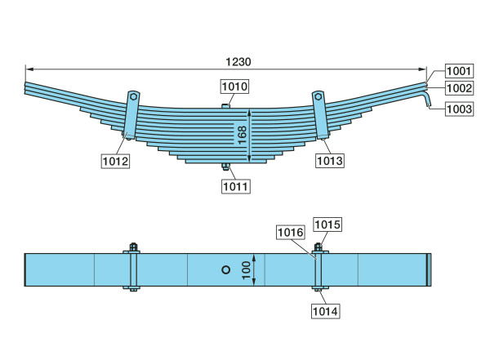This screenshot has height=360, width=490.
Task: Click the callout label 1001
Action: (x=459, y=71)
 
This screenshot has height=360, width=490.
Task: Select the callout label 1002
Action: (x=459, y=88)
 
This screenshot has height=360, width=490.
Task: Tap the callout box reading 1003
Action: (x=459, y=109)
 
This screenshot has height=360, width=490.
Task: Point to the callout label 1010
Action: (x=235, y=87)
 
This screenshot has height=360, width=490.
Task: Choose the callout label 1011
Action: (x=236, y=187)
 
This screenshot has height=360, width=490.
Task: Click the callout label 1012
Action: (x=115, y=162)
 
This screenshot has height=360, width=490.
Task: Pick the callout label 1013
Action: (x=330, y=161)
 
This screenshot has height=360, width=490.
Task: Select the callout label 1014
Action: (x=325, y=311)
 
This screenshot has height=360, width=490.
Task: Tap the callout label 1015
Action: (x=327, y=224)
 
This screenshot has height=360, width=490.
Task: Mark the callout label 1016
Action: (x=291, y=232)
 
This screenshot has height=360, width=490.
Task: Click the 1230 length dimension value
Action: (x=238, y=62)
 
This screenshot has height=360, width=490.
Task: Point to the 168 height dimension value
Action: (x=243, y=135)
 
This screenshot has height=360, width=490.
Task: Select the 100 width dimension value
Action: (x=247, y=270)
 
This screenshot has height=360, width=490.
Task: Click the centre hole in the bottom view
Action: (x=225, y=269)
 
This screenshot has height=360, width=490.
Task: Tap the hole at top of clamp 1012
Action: (x=133, y=96)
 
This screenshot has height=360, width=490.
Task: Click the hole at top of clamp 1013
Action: (x=318, y=96)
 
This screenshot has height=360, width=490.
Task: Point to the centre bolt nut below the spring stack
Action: (x=225, y=167)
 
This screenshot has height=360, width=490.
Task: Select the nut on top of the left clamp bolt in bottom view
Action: (x=133, y=247)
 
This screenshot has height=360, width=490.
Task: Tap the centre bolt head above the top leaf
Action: (x=225, y=106)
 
